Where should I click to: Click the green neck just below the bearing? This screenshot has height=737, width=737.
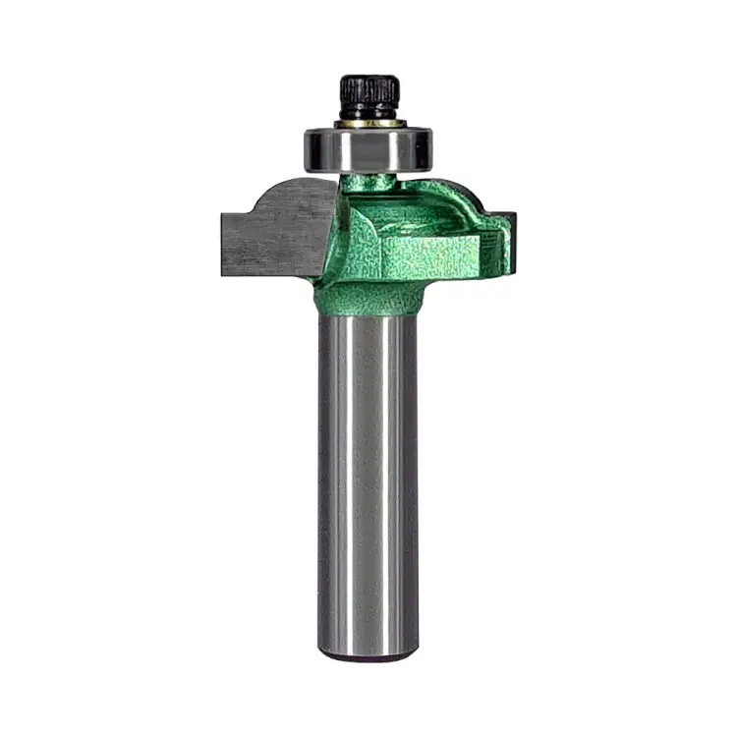[373, 187]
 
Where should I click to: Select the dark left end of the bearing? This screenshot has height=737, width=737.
[310, 148]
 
